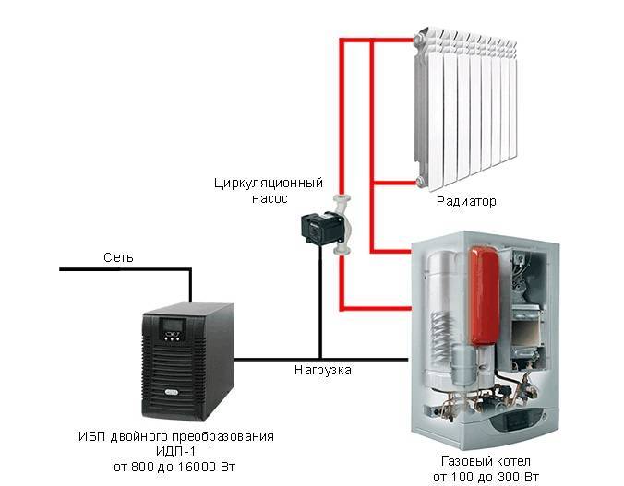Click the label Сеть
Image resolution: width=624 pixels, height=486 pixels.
118,257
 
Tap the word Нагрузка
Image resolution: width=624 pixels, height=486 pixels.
323,371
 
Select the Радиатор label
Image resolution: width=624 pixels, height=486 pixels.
466,201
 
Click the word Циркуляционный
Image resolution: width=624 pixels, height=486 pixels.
269,184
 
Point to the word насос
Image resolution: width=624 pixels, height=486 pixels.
270,198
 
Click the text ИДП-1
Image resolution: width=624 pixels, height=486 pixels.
176,451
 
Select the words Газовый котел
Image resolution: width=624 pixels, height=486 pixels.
486,462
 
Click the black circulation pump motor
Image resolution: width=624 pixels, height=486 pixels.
318,228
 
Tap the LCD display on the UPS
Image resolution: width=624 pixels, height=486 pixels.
172,325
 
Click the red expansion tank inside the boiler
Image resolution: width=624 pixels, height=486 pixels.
485,295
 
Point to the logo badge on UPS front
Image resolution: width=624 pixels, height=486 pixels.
173,392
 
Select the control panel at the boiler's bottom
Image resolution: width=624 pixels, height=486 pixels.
517,421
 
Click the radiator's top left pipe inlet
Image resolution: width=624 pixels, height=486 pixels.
419,39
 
